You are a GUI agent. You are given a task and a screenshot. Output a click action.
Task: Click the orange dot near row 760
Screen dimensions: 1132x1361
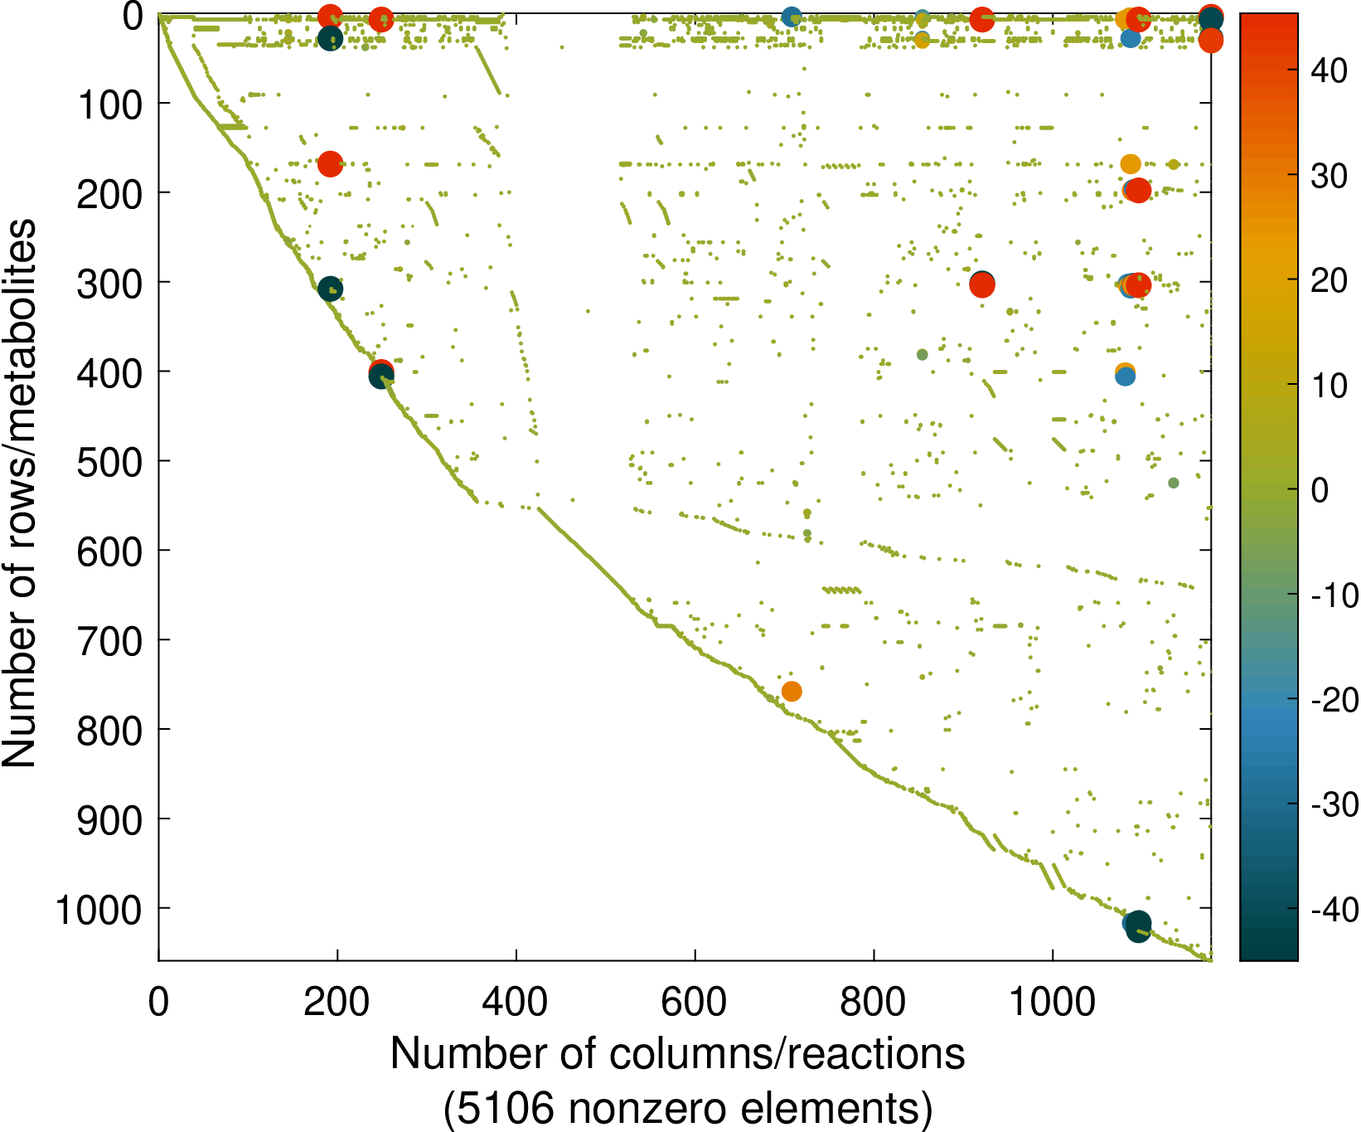(792, 691)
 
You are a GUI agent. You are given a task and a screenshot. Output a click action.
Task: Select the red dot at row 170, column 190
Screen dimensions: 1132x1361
(330, 164)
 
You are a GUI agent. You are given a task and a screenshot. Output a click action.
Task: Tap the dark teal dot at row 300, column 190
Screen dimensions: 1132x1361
(330, 289)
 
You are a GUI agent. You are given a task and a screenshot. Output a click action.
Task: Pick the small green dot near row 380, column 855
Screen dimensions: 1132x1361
(922, 355)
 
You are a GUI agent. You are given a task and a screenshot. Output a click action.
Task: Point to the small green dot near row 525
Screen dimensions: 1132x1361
(1173, 483)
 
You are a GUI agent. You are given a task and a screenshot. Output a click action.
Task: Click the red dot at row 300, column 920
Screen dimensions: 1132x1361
(982, 285)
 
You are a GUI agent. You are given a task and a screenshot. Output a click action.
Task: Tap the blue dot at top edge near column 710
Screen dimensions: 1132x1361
(792, 17)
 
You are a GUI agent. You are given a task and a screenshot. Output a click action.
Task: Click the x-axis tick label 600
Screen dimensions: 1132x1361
(695, 1002)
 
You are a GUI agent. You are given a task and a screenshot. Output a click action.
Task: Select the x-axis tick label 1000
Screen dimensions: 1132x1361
(1052, 1002)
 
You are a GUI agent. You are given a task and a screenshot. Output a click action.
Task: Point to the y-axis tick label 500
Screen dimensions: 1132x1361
(110, 462)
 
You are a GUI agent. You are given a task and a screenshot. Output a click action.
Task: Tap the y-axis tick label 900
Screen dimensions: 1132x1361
(110, 820)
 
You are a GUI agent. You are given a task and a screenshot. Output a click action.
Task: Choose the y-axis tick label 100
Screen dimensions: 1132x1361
(110, 104)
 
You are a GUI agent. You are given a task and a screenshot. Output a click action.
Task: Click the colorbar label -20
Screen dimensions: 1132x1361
(1334, 700)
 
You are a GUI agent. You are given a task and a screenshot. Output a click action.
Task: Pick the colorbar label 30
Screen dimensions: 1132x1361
(1329, 176)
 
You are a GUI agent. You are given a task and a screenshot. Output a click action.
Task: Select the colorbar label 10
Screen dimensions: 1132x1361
(1329, 386)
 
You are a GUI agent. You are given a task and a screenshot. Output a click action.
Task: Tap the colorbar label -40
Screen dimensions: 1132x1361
(1334, 910)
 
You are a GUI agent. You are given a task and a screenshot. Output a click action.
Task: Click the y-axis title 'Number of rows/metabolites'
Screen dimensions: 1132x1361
(20, 493)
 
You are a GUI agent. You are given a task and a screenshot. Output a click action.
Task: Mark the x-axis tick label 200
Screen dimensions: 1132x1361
(337, 1002)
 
